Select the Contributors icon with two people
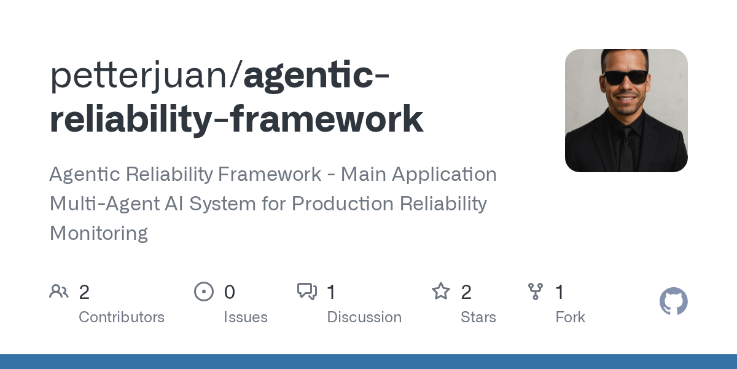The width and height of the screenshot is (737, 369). tap(59, 291)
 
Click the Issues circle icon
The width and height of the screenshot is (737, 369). tap(203, 291)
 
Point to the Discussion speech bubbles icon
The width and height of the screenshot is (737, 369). tap(306, 291)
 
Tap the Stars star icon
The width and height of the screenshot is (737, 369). tap(441, 291)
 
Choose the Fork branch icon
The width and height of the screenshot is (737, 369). tap(536, 291)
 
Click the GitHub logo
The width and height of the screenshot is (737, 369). tap(673, 301)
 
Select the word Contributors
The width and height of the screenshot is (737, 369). tap(122, 317)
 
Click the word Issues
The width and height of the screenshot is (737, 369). tap(246, 317)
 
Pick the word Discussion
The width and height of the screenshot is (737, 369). tap(364, 317)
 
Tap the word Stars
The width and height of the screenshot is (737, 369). tap(478, 317)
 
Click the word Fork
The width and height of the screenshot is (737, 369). tap(570, 317)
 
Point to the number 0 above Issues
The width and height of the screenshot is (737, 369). tap(229, 292)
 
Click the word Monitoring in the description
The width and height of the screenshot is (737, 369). tap(99, 233)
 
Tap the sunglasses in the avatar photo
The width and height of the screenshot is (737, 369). tap(625, 77)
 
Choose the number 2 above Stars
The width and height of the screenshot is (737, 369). tap(466, 292)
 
